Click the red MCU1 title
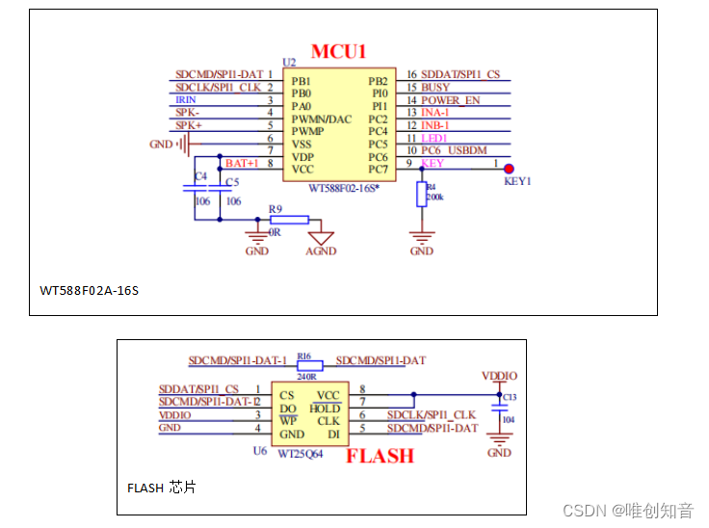coord(338,51)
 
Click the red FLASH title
coord(380,456)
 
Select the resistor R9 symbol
coord(289,220)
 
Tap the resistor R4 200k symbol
coord(421,196)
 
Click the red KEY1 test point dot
coord(509,169)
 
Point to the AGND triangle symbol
coord(321,236)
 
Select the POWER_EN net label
coord(450,100)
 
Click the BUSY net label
coord(435,88)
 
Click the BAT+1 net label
coord(242,164)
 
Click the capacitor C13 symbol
coord(499,408)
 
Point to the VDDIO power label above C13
coord(499,376)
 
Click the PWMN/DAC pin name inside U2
coord(322,119)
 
